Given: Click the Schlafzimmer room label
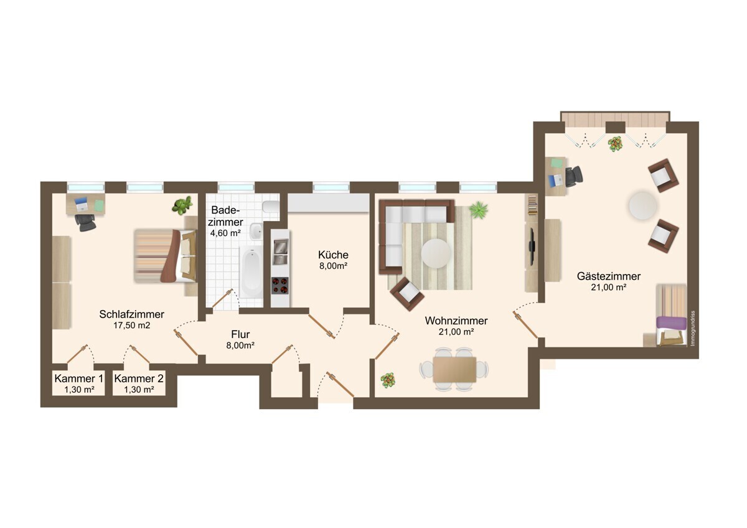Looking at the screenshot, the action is pos(132,314).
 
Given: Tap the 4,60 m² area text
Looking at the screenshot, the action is pos(225,233).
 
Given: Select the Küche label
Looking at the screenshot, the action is pos(333,255).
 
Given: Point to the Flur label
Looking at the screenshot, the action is pos(240,334).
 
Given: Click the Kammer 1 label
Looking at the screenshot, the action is pos(78,379).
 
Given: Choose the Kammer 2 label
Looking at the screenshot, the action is pos(139,379).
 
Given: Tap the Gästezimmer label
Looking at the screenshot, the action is pos(609,276).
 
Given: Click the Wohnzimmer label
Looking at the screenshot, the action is pos(456,321).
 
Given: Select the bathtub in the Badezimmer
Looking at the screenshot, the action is pos(251,273).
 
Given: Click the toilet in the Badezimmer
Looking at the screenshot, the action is pos(271,207).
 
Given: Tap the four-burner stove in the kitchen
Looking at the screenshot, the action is pos(280,286).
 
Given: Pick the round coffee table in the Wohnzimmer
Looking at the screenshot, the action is pos(436,253).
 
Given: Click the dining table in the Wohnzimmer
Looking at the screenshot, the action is pos(454,369).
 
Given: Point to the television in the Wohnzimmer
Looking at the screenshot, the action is pos(532,241).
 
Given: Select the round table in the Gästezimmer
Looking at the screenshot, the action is pos(643,205).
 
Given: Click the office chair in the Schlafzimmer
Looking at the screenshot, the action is pos(85,222).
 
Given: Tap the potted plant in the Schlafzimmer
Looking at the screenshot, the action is pos(182,205).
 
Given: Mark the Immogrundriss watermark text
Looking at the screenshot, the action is pos(692,329).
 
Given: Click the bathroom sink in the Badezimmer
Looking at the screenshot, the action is pos(256,231).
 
